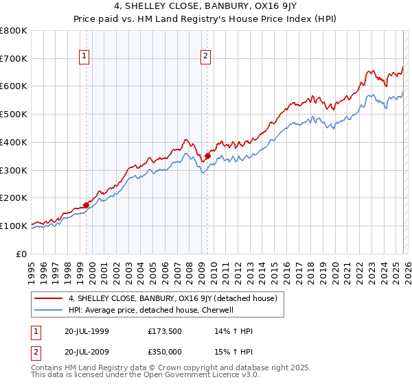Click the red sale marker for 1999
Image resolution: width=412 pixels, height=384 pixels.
[x=86, y=204]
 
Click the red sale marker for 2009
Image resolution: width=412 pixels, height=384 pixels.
[x=207, y=156]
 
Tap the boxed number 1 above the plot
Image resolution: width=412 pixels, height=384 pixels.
[x=84, y=57]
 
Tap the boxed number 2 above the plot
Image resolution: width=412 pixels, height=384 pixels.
[x=205, y=57]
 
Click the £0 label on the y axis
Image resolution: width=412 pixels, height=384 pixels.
[x=23, y=254]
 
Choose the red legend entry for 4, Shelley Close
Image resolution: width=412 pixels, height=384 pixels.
[x=172, y=298]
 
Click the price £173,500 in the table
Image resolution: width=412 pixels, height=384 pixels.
[x=165, y=331]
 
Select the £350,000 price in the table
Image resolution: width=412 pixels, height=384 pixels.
[x=165, y=351]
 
